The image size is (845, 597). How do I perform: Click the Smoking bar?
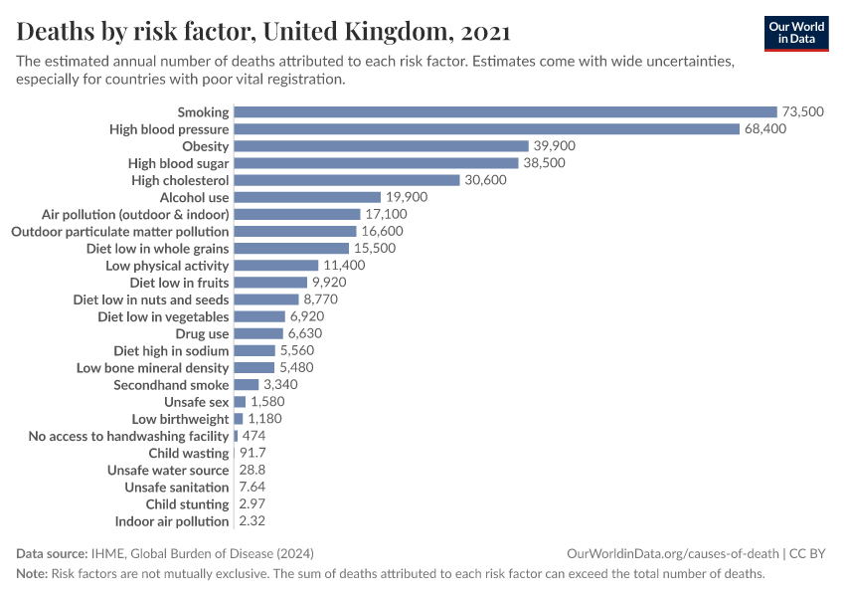(x=505, y=112)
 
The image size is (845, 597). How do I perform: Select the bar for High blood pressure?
(x=486, y=129)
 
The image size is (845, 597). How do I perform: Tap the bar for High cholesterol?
(x=347, y=180)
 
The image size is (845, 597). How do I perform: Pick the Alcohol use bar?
(x=307, y=197)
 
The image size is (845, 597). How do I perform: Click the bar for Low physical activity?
(x=276, y=266)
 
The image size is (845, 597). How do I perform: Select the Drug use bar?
(x=258, y=333)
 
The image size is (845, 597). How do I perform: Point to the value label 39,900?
(x=554, y=146)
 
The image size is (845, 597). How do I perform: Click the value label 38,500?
(x=544, y=163)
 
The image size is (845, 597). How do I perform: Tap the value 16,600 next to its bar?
(x=382, y=231)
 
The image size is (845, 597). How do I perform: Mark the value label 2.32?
(x=252, y=521)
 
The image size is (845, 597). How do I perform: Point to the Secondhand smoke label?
(x=171, y=385)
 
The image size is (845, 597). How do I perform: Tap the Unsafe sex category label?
(x=196, y=402)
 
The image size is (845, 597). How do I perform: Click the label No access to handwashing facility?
(x=128, y=436)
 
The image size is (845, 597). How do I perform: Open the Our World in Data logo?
(x=795, y=32)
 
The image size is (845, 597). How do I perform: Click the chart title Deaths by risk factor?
(x=263, y=32)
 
